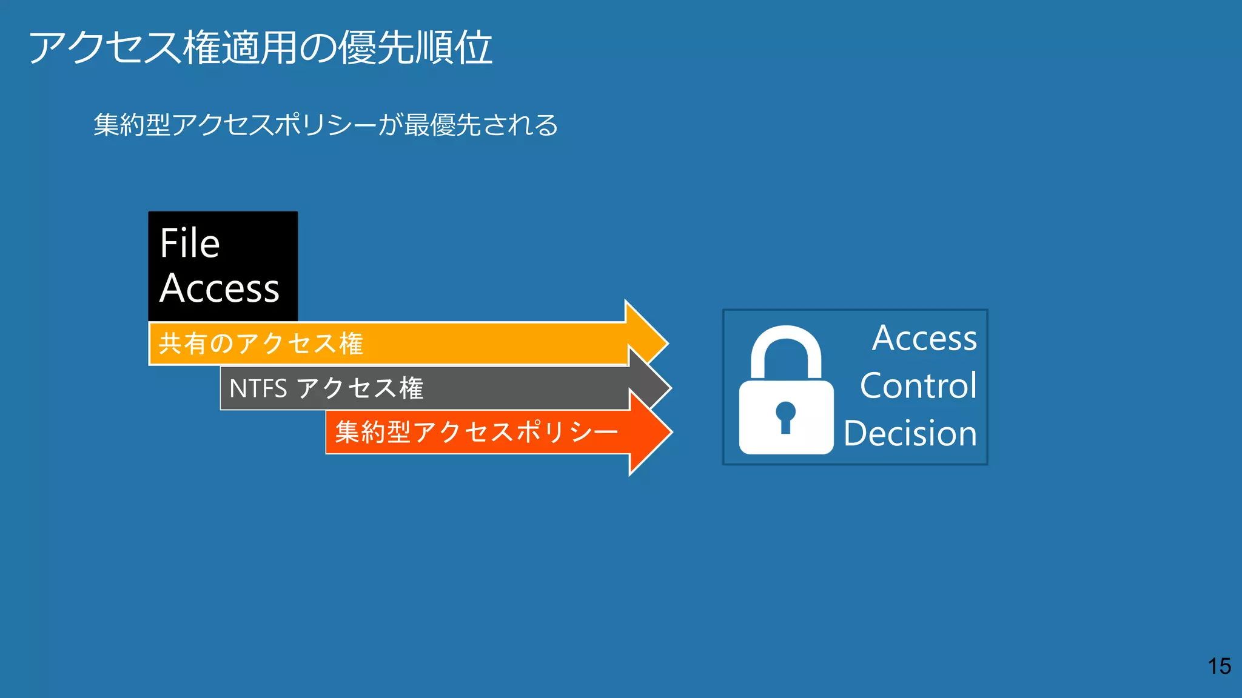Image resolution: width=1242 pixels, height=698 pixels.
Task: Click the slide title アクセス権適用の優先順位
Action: click(260, 48)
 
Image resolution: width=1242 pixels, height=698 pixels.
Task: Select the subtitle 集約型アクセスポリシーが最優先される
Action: click(326, 125)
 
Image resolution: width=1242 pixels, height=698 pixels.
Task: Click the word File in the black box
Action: click(190, 244)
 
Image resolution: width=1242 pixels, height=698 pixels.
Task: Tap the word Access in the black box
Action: click(220, 288)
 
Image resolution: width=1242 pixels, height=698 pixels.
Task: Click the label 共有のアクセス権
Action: click(261, 344)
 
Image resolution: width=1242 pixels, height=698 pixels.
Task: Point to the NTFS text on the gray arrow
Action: click(258, 388)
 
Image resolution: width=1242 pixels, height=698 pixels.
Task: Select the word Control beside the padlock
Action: click(918, 386)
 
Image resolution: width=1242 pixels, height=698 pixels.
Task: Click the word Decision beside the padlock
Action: click(910, 434)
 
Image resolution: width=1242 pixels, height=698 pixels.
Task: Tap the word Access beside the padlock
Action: click(924, 338)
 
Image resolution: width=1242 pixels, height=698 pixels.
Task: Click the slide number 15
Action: click(1219, 666)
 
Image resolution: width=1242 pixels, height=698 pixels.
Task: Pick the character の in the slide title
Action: click(318, 48)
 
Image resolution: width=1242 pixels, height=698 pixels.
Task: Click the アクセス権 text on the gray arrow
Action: click(360, 388)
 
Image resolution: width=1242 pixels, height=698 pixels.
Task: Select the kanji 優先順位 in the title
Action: click(415, 48)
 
